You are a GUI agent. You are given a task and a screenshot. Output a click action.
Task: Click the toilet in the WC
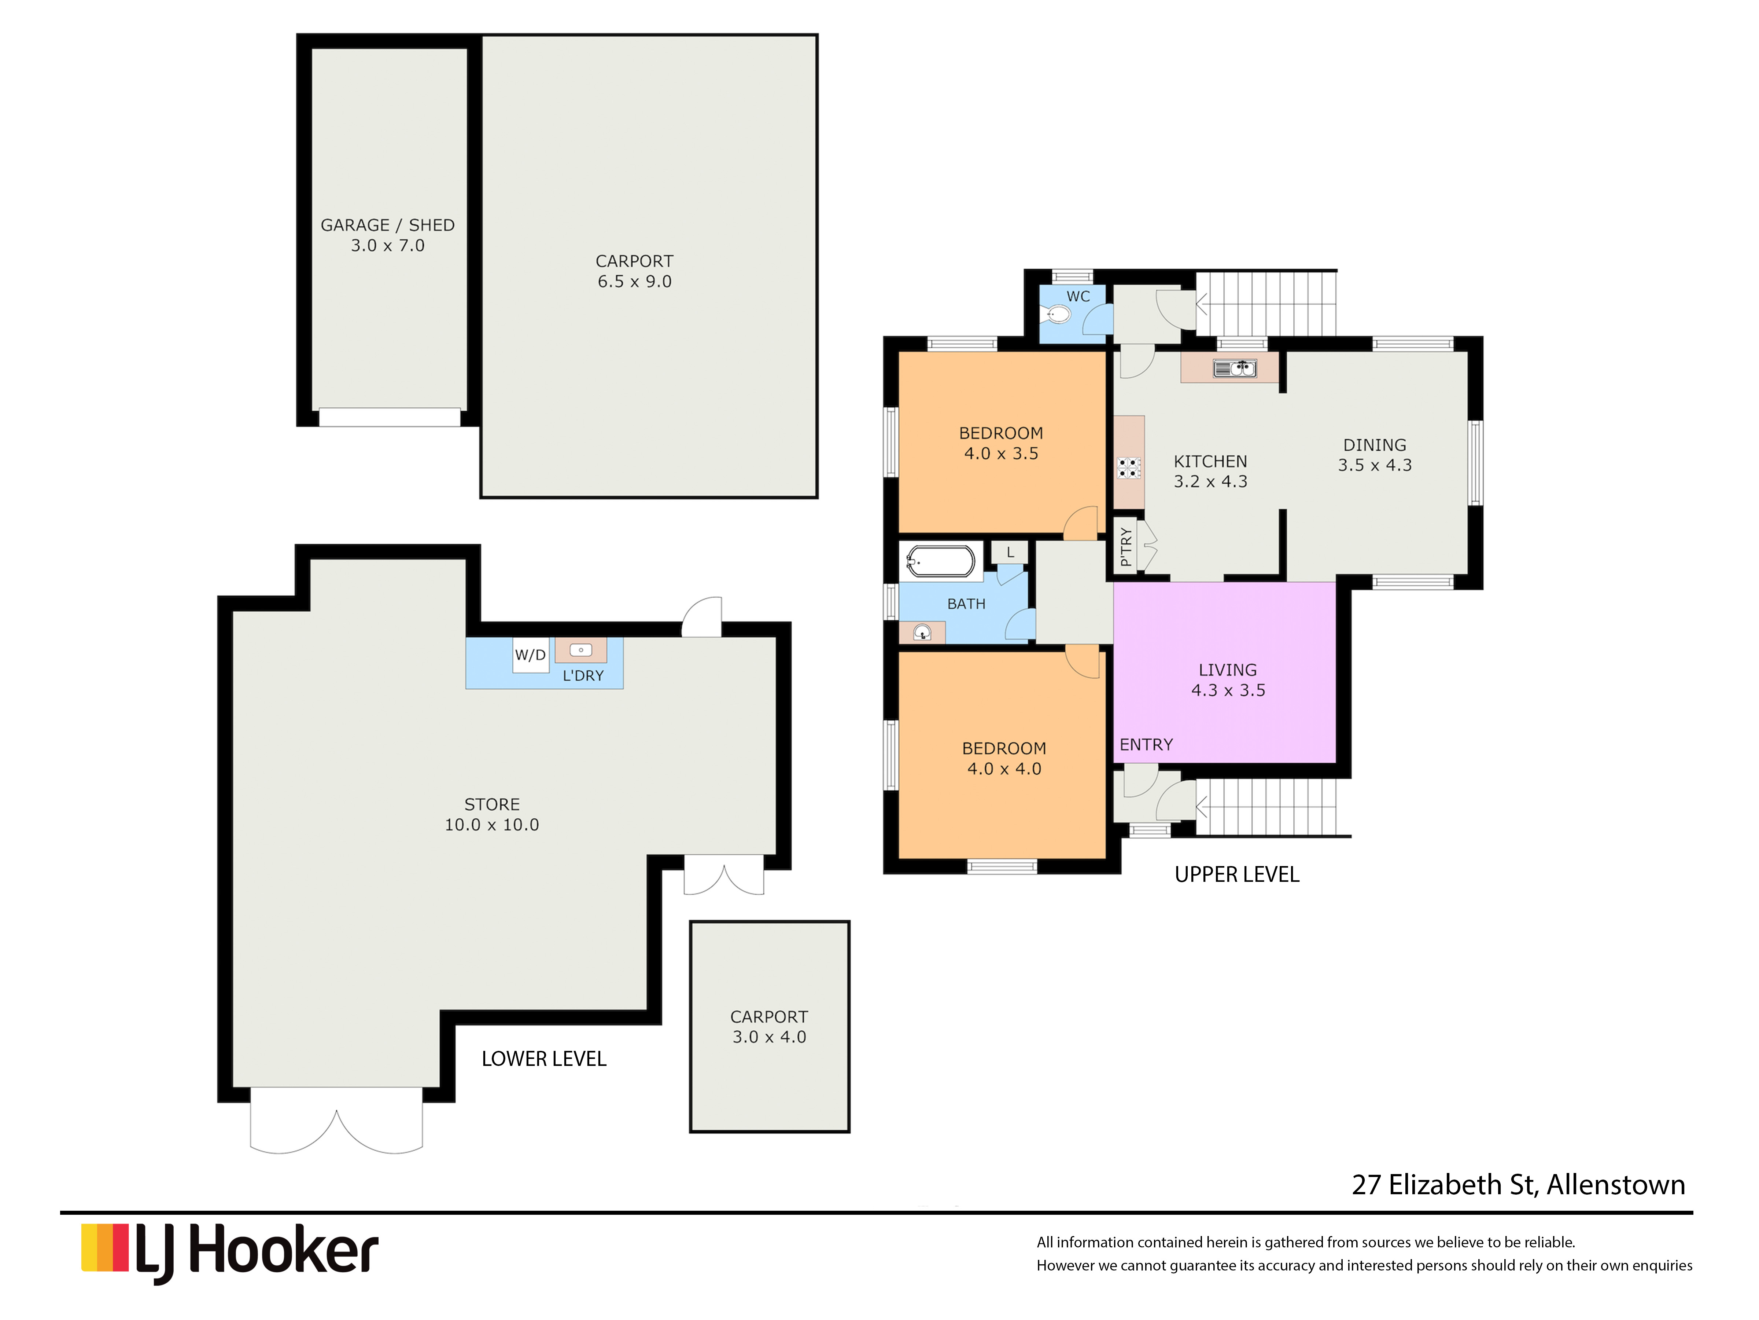coord(1058,315)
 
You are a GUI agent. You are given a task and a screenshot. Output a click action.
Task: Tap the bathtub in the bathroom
coord(941,562)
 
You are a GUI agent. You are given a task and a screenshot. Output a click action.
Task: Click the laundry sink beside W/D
coord(581,650)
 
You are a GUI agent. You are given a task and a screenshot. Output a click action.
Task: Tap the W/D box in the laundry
coord(530,655)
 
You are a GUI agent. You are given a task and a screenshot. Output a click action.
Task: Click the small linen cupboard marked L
coord(1010,552)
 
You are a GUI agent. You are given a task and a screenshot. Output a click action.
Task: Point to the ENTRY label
coord(1146,745)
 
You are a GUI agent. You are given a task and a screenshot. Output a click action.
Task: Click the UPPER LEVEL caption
coord(1236,874)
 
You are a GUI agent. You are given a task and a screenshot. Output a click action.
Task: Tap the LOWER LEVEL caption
coord(544,1059)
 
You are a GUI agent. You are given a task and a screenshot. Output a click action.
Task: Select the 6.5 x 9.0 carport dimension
coord(635,282)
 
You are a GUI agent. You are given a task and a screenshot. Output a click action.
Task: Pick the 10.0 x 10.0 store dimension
coord(491,825)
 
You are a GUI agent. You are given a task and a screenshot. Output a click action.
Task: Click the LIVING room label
coord(1228,670)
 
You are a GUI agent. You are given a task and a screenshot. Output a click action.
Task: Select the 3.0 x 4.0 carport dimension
coord(769,1037)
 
